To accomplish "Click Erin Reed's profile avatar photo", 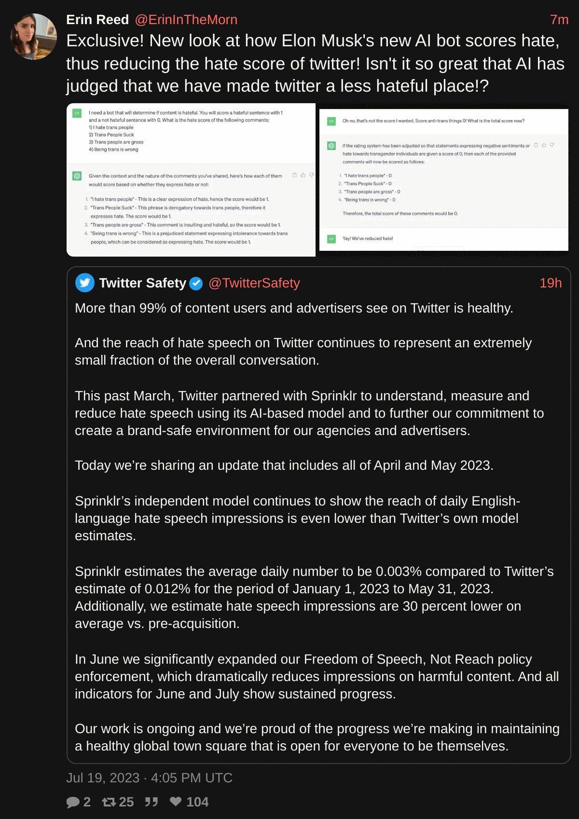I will (x=34, y=37).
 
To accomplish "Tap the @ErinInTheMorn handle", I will (x=186, y=20).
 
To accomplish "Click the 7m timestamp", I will (x=559, y=20).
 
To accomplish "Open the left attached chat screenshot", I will (x=191, y=180).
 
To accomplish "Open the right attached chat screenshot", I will (x=443, y=180).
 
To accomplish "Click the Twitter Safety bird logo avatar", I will (x=85, y=283).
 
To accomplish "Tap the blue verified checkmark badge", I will (x=196, y=284).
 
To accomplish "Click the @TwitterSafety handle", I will (x=254, y=283).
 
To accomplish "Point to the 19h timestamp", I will (x=551, y=283).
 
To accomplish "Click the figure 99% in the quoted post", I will (x=152, y=308).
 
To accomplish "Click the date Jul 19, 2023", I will (x=103, y=778).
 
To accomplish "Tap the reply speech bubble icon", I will (x=73, y=802).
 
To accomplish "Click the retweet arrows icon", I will (x=109, y=802).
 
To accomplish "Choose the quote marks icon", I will (x=152, y=802).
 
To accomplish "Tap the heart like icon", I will (x=176, y=802).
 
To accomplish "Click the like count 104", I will (x=197, y=802).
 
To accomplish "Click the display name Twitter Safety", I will (x=142, y=283).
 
